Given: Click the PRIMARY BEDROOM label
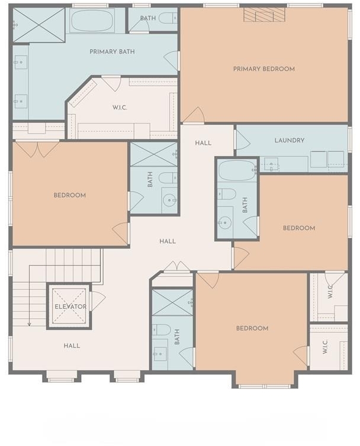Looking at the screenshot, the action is (263, 69).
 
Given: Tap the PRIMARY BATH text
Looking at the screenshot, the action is (112, 52).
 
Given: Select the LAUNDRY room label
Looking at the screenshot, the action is (290, 140).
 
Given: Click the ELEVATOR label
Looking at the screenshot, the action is (70, 306).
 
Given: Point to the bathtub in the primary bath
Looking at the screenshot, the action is (92, 20).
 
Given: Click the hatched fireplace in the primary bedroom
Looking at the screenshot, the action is (264, 15).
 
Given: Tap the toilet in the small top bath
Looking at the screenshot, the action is (168, 18).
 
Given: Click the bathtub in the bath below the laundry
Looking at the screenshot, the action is (237, 170).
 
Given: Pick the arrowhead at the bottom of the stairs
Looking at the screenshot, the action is (29, 324).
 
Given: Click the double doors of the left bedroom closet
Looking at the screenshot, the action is (37, 150).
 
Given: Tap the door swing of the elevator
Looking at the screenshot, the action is (98, 300).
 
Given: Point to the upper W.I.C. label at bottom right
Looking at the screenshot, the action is (330, 292).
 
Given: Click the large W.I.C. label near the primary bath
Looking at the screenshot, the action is (120, 108).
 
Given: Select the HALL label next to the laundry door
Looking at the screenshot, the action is (203, 143).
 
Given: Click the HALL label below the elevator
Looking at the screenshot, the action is (72, 346).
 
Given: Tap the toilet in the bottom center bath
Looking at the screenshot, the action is (162, 330).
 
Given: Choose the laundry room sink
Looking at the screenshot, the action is (271, 164).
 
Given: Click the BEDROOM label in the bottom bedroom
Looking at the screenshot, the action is (252, 328).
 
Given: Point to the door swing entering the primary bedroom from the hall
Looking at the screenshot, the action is (194, 115).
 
